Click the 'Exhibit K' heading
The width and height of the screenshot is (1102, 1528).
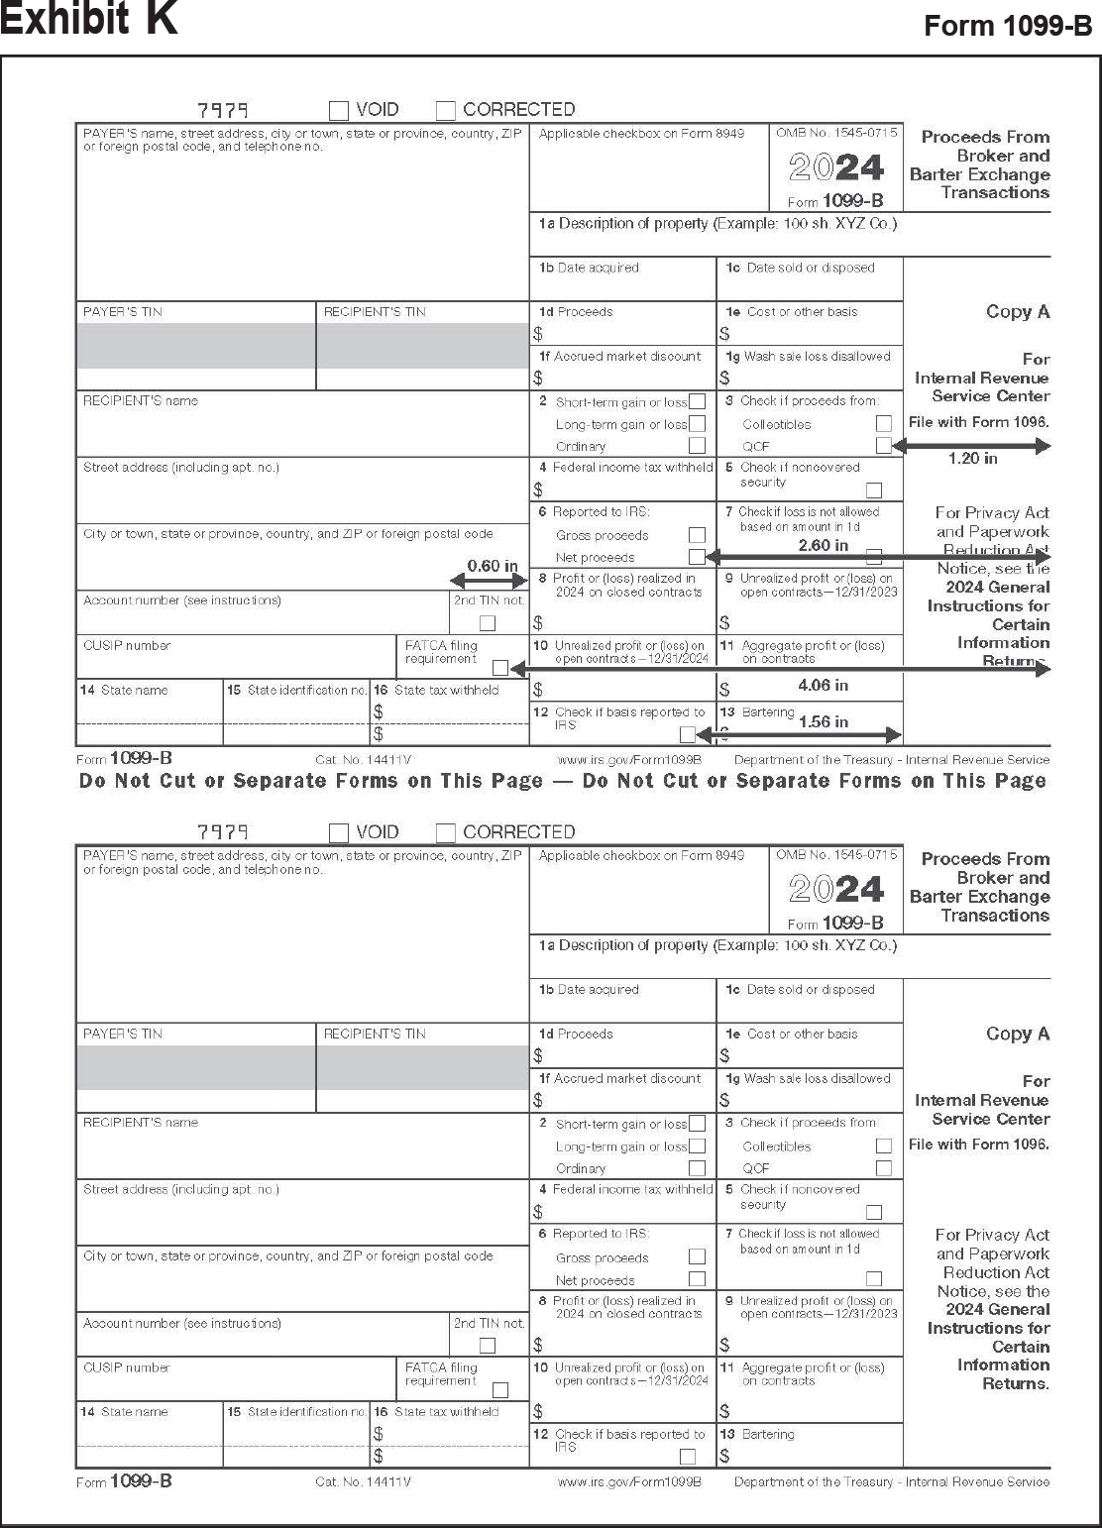click(x=89, y=20)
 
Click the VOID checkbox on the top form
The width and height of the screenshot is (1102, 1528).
click(x=339, y=110)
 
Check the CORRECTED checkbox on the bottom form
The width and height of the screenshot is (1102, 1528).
click(x=446, y=832)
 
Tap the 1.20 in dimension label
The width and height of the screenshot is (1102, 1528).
click(x=972, y=459)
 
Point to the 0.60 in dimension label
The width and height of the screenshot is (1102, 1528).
click(x=493, y=566)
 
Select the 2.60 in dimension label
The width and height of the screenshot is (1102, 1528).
click(x=824, y=545)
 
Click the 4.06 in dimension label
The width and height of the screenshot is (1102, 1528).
click(x=823, y=685)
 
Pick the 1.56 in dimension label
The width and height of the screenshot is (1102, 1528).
click(x=823, y=721)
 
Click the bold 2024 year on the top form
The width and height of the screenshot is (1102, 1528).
click(x=836, y=166)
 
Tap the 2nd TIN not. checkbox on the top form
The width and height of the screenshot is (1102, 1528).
click(x=488, y=623)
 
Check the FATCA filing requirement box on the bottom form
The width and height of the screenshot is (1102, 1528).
click(x=500, y=1390)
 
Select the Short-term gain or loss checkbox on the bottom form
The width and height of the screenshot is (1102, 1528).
click(x=698, y=1124)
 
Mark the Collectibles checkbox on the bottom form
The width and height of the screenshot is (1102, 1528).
click(x=884, y=1146)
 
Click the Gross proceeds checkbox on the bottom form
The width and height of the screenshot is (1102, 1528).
click(x=698, y=1256)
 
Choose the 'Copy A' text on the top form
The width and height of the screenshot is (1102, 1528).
click(x=1017, y=311)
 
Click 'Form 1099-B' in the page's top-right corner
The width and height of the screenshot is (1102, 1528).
click(x=1007, y=26)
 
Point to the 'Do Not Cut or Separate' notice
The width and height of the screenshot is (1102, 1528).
click(x=562, y=781)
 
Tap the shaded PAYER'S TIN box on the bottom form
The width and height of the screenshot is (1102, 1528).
click(x=196, y=1067)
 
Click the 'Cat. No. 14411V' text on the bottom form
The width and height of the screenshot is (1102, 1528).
click(x=363, y=1481)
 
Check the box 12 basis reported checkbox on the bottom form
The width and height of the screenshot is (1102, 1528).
click(x=688, y=1457)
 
